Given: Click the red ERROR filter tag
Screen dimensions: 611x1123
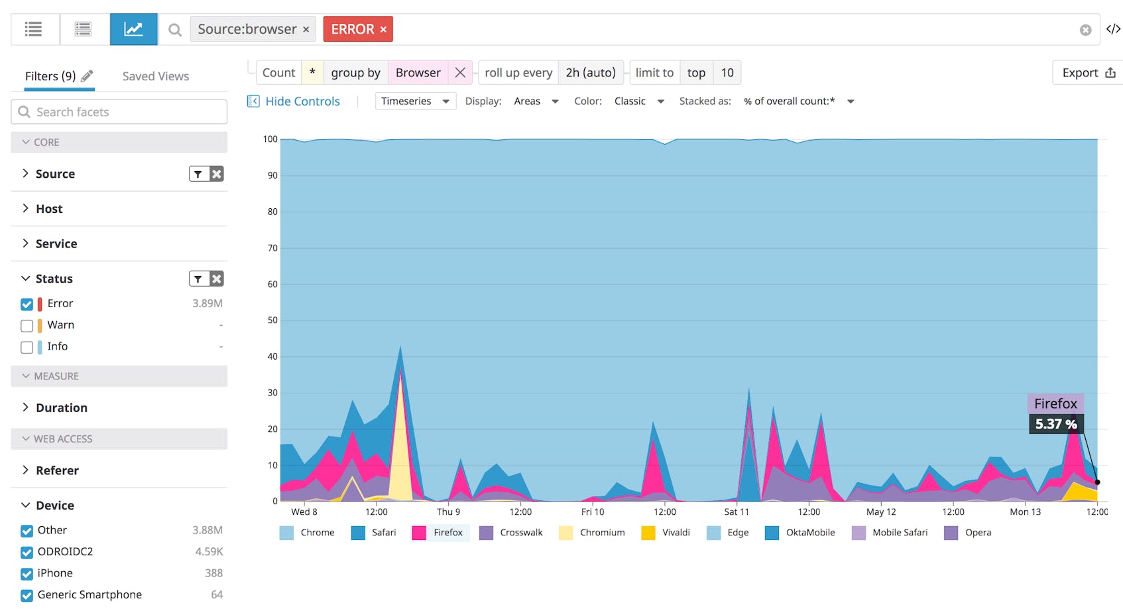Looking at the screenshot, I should click(x=352, y=29).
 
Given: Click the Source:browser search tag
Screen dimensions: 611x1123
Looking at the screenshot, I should click(x=247, y=29).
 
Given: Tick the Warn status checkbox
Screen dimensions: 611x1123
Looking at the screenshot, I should click(x=27, y=326).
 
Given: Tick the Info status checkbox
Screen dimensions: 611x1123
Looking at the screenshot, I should click(x=27, y=347).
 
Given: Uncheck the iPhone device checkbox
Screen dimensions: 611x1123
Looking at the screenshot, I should click(x=27, y=574).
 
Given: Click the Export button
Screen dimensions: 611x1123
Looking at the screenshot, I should click(x=1087, y=73).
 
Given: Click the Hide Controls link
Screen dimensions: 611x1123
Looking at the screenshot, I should click(x=302, y=102).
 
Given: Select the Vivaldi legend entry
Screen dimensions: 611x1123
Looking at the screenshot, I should click(x=666, y=533).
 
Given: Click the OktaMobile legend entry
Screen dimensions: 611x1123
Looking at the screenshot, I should click(x=800, y=533).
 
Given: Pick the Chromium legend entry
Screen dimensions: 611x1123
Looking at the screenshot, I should click(x=593, y=533).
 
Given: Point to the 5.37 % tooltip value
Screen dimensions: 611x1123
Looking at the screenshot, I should click(x=1055, y=424).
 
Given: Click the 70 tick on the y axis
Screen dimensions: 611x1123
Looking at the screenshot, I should click(x=272, y=248).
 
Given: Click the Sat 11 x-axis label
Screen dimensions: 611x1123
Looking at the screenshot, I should click(x=736, y=512).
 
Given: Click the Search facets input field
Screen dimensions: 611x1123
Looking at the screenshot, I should click(x=119, y=112).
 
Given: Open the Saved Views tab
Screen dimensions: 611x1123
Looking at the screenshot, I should click(x=155, y=76).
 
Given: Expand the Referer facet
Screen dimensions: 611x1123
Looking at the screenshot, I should click(x=56, y=470).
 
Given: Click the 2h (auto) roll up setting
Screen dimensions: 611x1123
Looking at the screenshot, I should click(x=590, y=73).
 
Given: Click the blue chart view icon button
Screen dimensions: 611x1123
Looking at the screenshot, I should click(x=133, y=29).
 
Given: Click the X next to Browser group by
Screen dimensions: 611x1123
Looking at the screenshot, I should click(x=460, y=73).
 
